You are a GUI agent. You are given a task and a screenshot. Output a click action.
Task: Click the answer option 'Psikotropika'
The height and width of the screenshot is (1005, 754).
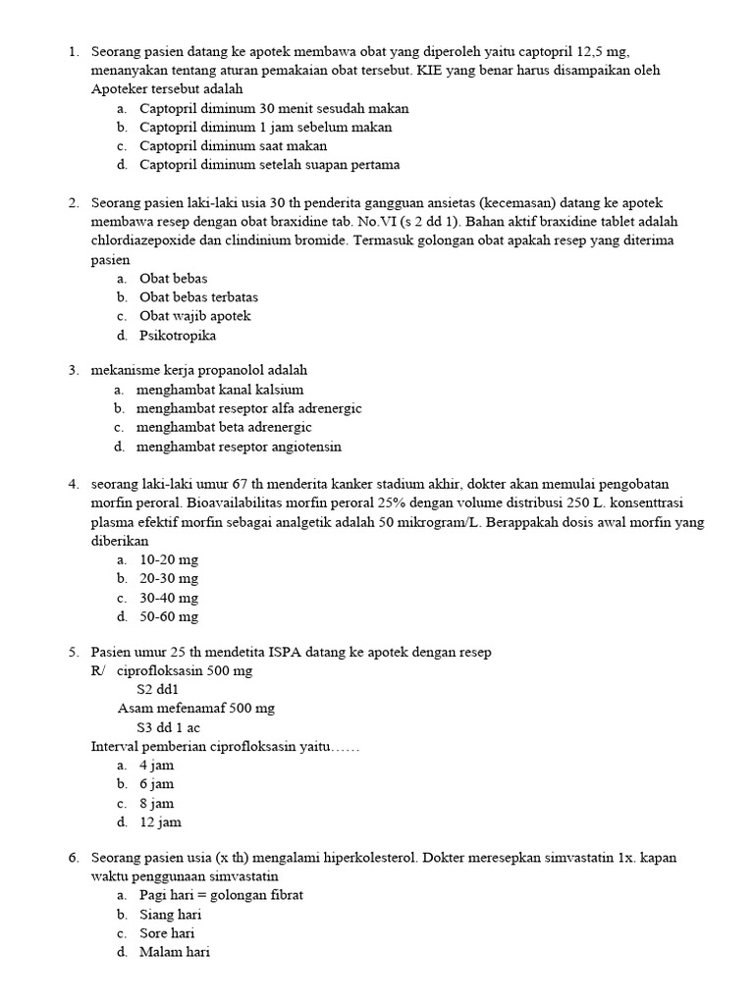[178, 336]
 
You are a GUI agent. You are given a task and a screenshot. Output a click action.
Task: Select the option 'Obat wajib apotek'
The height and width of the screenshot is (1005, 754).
[195, 316]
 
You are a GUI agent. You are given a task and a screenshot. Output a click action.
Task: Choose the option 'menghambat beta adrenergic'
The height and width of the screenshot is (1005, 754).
[224, 428]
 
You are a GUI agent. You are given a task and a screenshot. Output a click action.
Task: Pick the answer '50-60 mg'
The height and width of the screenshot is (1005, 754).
[169, 617]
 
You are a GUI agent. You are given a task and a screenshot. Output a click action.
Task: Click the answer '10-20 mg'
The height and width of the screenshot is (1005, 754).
[169, 559]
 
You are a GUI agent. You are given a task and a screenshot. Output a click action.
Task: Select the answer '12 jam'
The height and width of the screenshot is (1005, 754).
[160, 822]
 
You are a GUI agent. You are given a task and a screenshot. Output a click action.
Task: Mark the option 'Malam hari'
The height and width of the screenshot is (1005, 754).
[175, 952]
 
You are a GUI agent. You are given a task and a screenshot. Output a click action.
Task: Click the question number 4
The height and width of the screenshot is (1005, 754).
[74, 484]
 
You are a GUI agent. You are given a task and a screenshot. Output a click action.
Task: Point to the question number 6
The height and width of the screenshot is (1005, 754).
[74, 858]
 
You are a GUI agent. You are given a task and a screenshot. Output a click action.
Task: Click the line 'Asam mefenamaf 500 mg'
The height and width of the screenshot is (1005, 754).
[196, 709]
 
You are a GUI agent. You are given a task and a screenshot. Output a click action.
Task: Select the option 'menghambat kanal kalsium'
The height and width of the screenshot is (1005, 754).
[220, 390]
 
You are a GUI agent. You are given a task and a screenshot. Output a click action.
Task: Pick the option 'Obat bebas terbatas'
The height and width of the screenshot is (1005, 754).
[199, 297]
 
